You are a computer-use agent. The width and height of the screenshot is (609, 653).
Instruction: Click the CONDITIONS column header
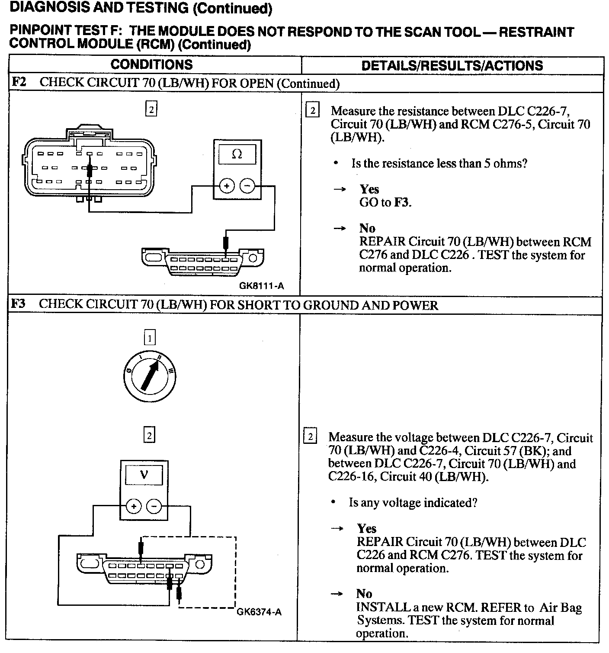coord(151,65)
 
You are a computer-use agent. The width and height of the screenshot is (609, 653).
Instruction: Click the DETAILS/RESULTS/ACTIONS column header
coord(452,65)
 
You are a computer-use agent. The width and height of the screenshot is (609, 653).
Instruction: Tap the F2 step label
coord(19,82)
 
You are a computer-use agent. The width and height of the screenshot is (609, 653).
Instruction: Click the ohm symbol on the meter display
coord(237,154)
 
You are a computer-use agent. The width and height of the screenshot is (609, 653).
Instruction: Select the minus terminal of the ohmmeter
coord(247,186)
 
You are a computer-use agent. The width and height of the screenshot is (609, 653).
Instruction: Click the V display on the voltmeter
coord(144,475)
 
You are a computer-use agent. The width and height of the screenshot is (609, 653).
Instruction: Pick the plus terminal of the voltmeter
coord(134,506)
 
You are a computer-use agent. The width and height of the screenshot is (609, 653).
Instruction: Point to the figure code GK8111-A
coord(261,286)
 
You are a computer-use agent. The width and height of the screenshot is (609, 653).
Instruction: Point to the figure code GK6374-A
coord(259,612)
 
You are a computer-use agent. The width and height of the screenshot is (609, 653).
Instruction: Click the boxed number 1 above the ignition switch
coord(149,337)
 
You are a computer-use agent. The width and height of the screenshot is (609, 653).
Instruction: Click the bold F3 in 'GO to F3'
coord(401,203)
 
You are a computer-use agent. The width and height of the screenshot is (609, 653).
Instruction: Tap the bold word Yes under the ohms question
coord(369,189)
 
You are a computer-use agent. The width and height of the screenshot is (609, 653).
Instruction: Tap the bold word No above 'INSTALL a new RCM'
coord(364,594)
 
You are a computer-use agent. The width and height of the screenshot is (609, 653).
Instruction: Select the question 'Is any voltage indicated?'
coord(413,503)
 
